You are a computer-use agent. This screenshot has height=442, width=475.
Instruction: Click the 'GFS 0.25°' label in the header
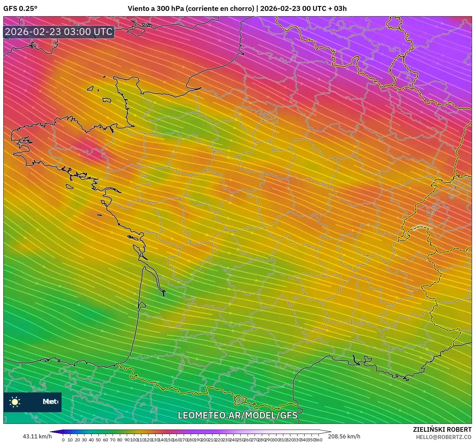point(20,9)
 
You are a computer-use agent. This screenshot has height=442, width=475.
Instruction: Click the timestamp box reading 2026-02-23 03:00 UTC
point(59,32)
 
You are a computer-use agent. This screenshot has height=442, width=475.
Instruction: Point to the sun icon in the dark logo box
point(15,402)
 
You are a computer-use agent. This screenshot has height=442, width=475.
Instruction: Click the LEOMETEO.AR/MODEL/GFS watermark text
point(237,415)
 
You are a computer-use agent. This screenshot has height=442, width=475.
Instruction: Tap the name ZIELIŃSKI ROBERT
point(442,429)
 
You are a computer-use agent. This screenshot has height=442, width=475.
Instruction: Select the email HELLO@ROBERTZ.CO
point(444,437)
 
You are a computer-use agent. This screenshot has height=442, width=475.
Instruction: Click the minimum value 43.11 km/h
point(37,436)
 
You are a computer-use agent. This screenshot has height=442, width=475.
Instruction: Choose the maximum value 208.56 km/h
point(344,436)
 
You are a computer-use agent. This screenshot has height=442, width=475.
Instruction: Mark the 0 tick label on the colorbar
point(63,440)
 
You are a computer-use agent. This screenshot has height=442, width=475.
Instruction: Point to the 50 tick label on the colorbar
point(98,440)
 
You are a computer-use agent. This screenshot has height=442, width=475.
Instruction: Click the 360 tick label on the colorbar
point(318,440)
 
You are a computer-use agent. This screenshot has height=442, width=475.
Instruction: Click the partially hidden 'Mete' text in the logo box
point(50,402)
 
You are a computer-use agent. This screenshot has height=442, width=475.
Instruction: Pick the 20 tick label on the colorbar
point(77,440)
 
